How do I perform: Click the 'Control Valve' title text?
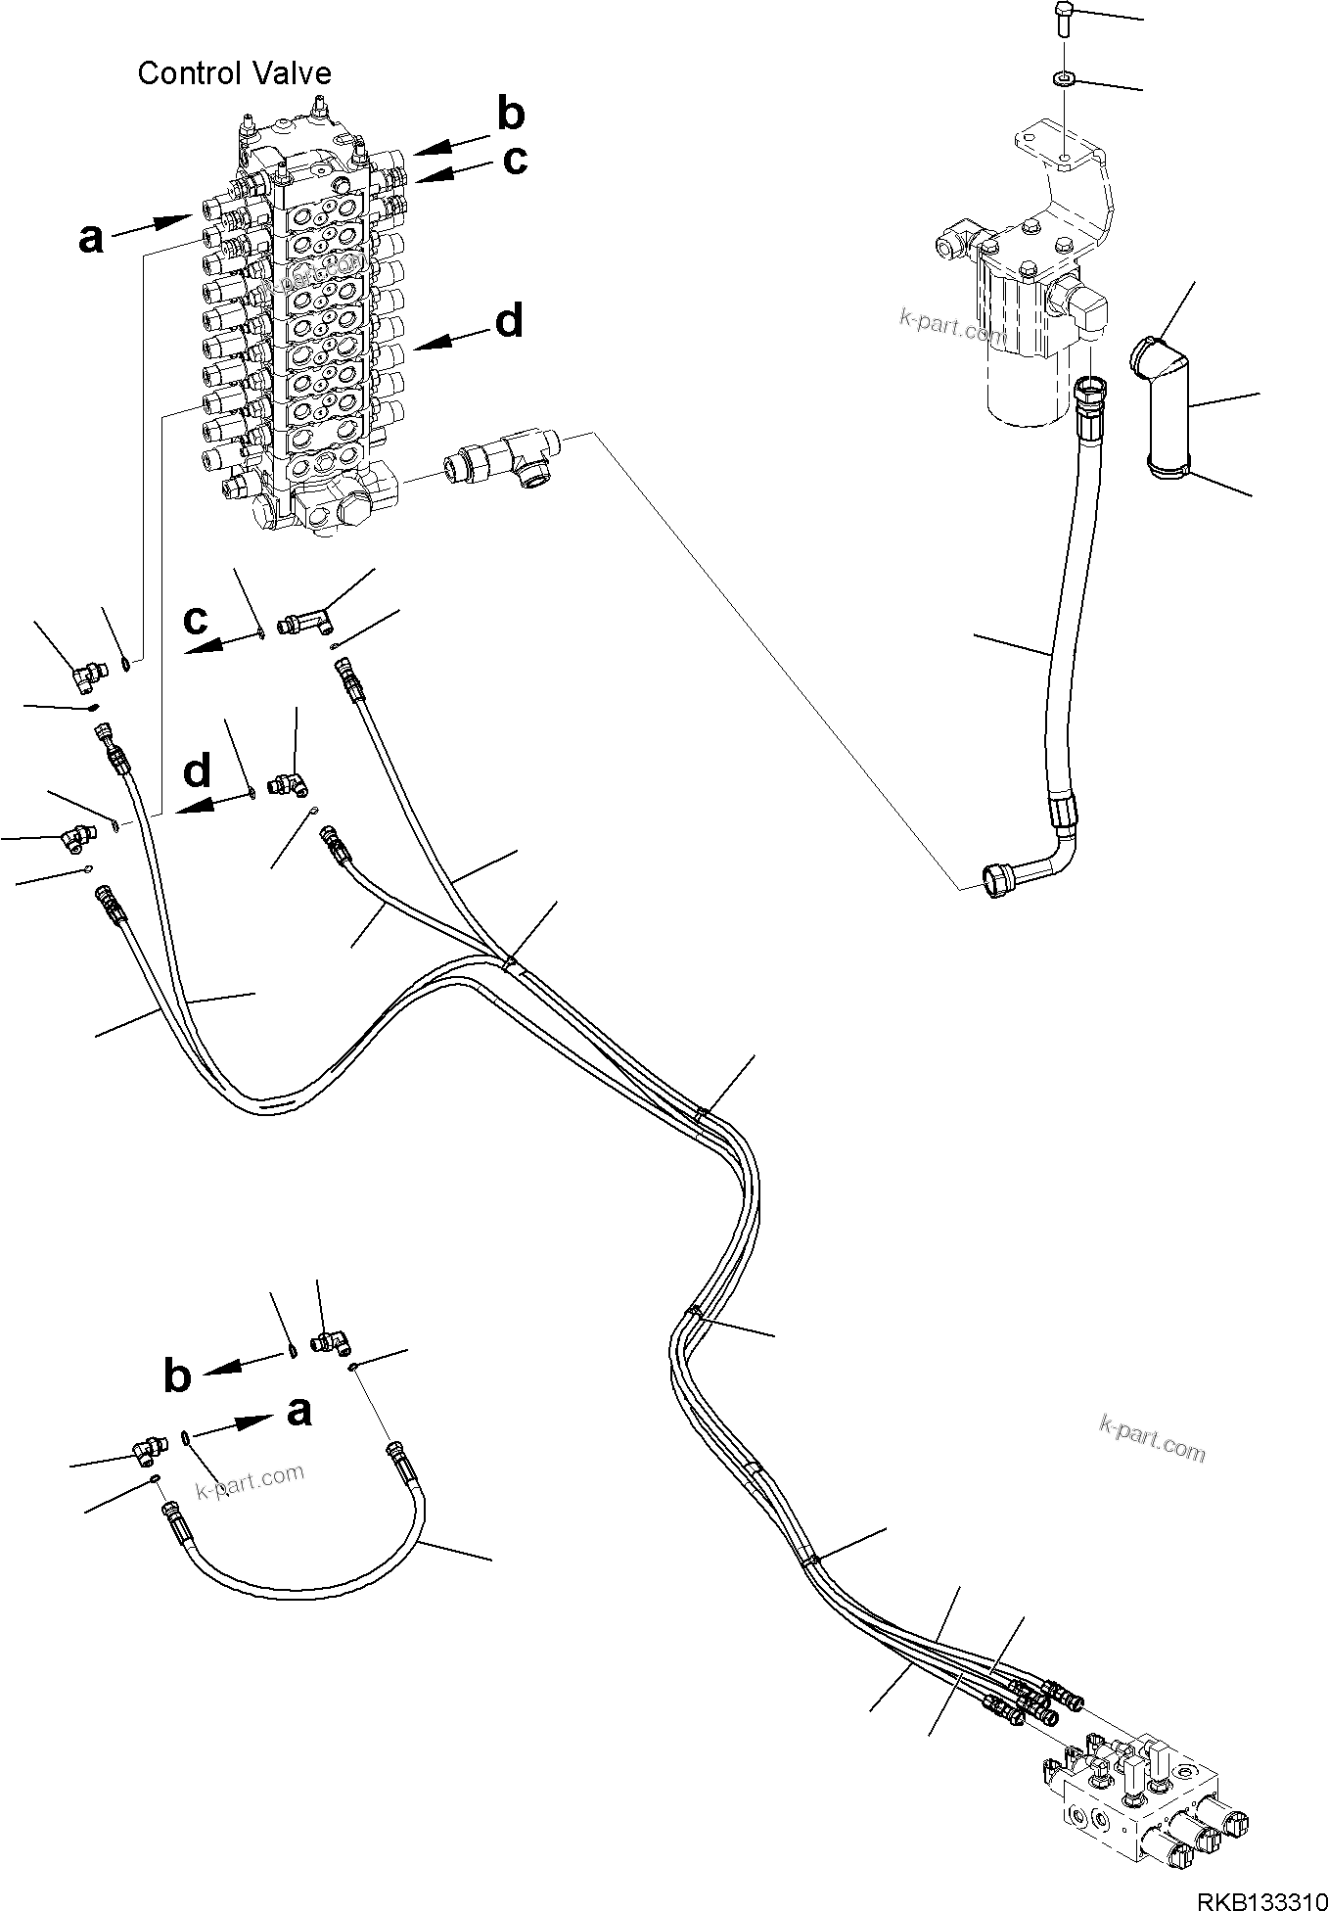coord(234,73)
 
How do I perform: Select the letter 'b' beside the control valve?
coord(510,116)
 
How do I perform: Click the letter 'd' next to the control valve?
coord(509,321)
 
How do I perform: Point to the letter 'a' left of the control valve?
coord(90,238)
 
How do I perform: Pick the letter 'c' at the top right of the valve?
coord(515,159)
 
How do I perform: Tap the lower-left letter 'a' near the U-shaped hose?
coord(298,1411)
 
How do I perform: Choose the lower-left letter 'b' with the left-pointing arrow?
coord(177,1375)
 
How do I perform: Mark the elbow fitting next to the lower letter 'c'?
coord(305,620)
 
